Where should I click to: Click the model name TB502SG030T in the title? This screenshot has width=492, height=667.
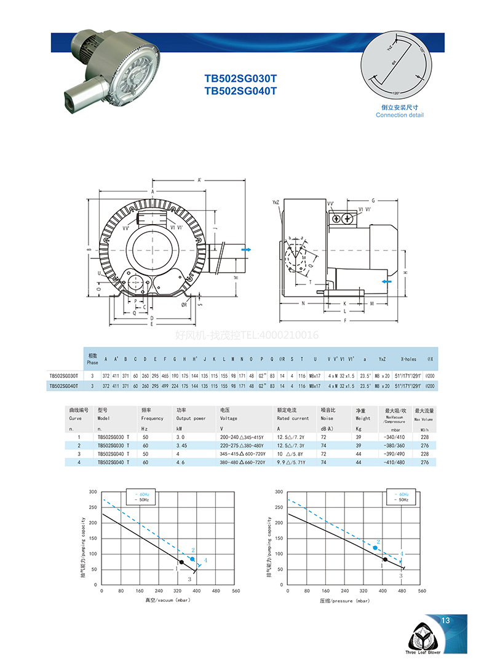click(240, 79)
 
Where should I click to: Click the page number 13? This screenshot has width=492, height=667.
click(446, 621)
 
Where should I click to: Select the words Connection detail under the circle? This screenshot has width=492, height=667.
click(400, 115)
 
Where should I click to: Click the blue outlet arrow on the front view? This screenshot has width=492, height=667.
click(247, 251)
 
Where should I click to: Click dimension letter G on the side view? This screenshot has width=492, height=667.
click(373, 200)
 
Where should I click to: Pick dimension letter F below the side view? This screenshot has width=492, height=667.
click(345, 321)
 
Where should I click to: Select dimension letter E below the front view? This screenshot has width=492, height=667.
click(151, 324)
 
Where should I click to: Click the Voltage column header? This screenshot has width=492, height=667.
click(229, 418)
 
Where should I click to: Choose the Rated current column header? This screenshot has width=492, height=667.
click(293, 418)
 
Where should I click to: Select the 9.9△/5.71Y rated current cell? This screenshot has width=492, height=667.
click(291, 462)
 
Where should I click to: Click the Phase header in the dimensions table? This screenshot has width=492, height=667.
click(93, 359)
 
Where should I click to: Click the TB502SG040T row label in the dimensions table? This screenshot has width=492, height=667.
click(64, 386)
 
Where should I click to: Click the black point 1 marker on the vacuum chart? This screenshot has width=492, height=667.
click(181, 562)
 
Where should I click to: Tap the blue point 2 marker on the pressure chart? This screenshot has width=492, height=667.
click(375, 547)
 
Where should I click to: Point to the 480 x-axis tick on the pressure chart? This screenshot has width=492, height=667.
click(403, 591)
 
